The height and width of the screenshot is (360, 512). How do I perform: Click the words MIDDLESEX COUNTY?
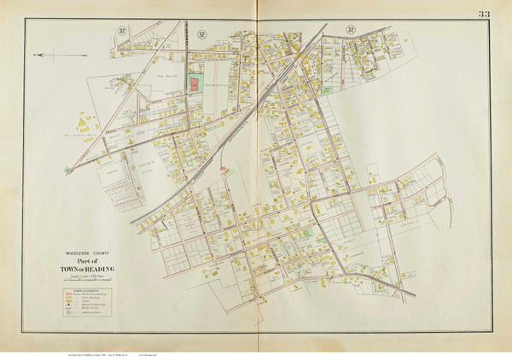[88, 253]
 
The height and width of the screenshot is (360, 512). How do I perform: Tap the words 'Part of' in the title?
[89, 261]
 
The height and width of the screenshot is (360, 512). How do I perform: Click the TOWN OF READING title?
[89, 270]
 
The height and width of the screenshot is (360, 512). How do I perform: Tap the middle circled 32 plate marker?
[201, 33]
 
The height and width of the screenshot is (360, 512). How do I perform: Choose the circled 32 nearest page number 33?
[350, 30]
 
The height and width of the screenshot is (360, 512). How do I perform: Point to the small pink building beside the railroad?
[224, 169]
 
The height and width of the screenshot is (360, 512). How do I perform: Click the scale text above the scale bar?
[89, 276]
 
